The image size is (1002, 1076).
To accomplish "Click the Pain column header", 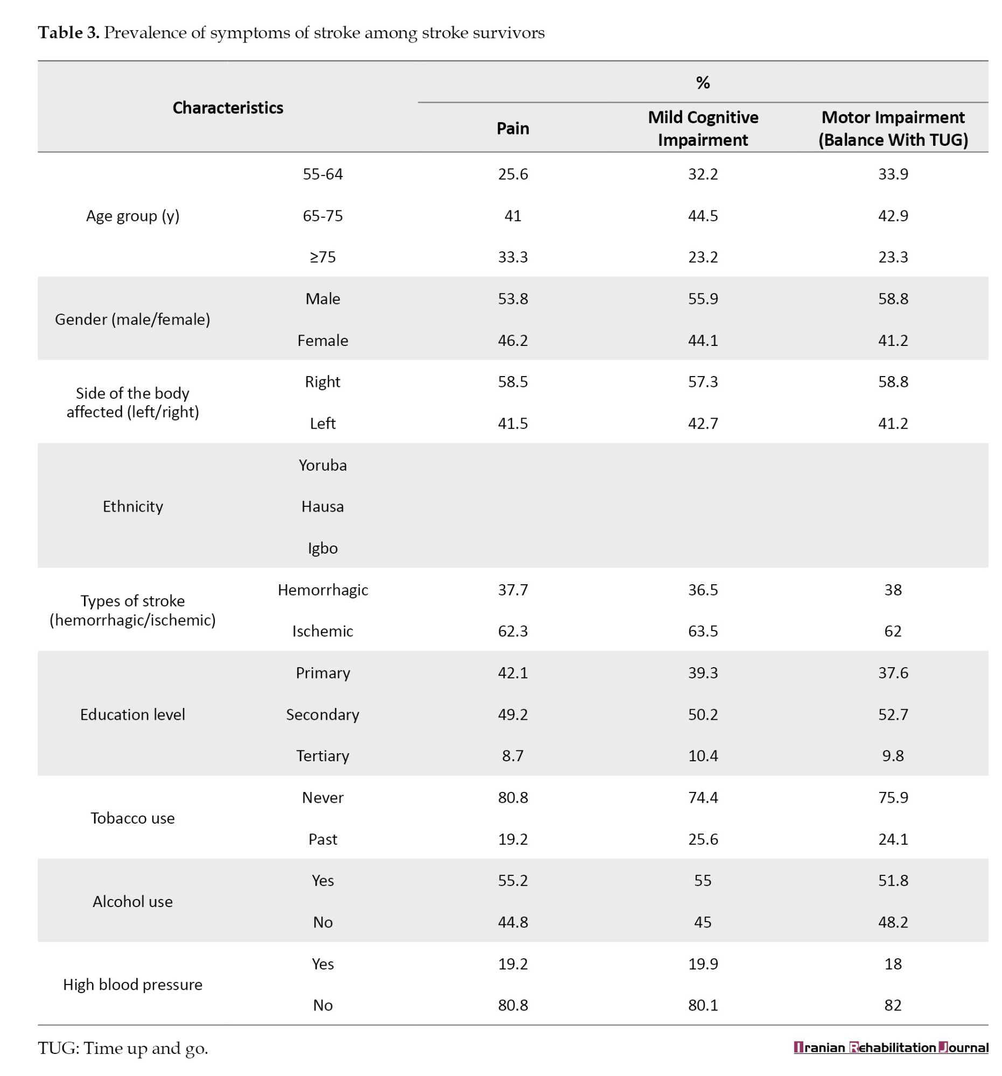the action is [513, 128].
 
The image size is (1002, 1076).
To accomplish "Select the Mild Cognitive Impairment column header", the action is [703, 128].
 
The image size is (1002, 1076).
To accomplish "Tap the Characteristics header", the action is [227, 108].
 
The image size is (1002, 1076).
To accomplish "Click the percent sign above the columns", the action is [703, 82].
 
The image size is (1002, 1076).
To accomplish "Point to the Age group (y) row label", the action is [132, 215].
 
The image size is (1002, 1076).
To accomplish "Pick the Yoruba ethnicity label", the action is [323, 465].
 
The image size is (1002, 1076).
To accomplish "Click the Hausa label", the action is [323, 507].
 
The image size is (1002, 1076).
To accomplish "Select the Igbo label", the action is [323, 548].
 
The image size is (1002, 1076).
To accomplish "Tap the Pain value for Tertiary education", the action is [513, 755].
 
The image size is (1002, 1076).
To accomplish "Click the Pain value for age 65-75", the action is [513, 215].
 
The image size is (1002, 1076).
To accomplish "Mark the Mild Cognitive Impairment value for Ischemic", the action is [703, 631].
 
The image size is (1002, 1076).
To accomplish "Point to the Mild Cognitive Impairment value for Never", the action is [703, 797].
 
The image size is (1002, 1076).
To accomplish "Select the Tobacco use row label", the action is [132, 818].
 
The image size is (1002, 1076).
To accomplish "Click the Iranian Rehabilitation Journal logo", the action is [891, 1047].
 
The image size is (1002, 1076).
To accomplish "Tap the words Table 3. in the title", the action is [69, 32].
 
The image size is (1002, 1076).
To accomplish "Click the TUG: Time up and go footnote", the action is [123, 1049].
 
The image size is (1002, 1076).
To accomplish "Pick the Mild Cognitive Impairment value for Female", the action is [703, 341].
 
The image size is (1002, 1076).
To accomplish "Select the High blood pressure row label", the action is [132, 985].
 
